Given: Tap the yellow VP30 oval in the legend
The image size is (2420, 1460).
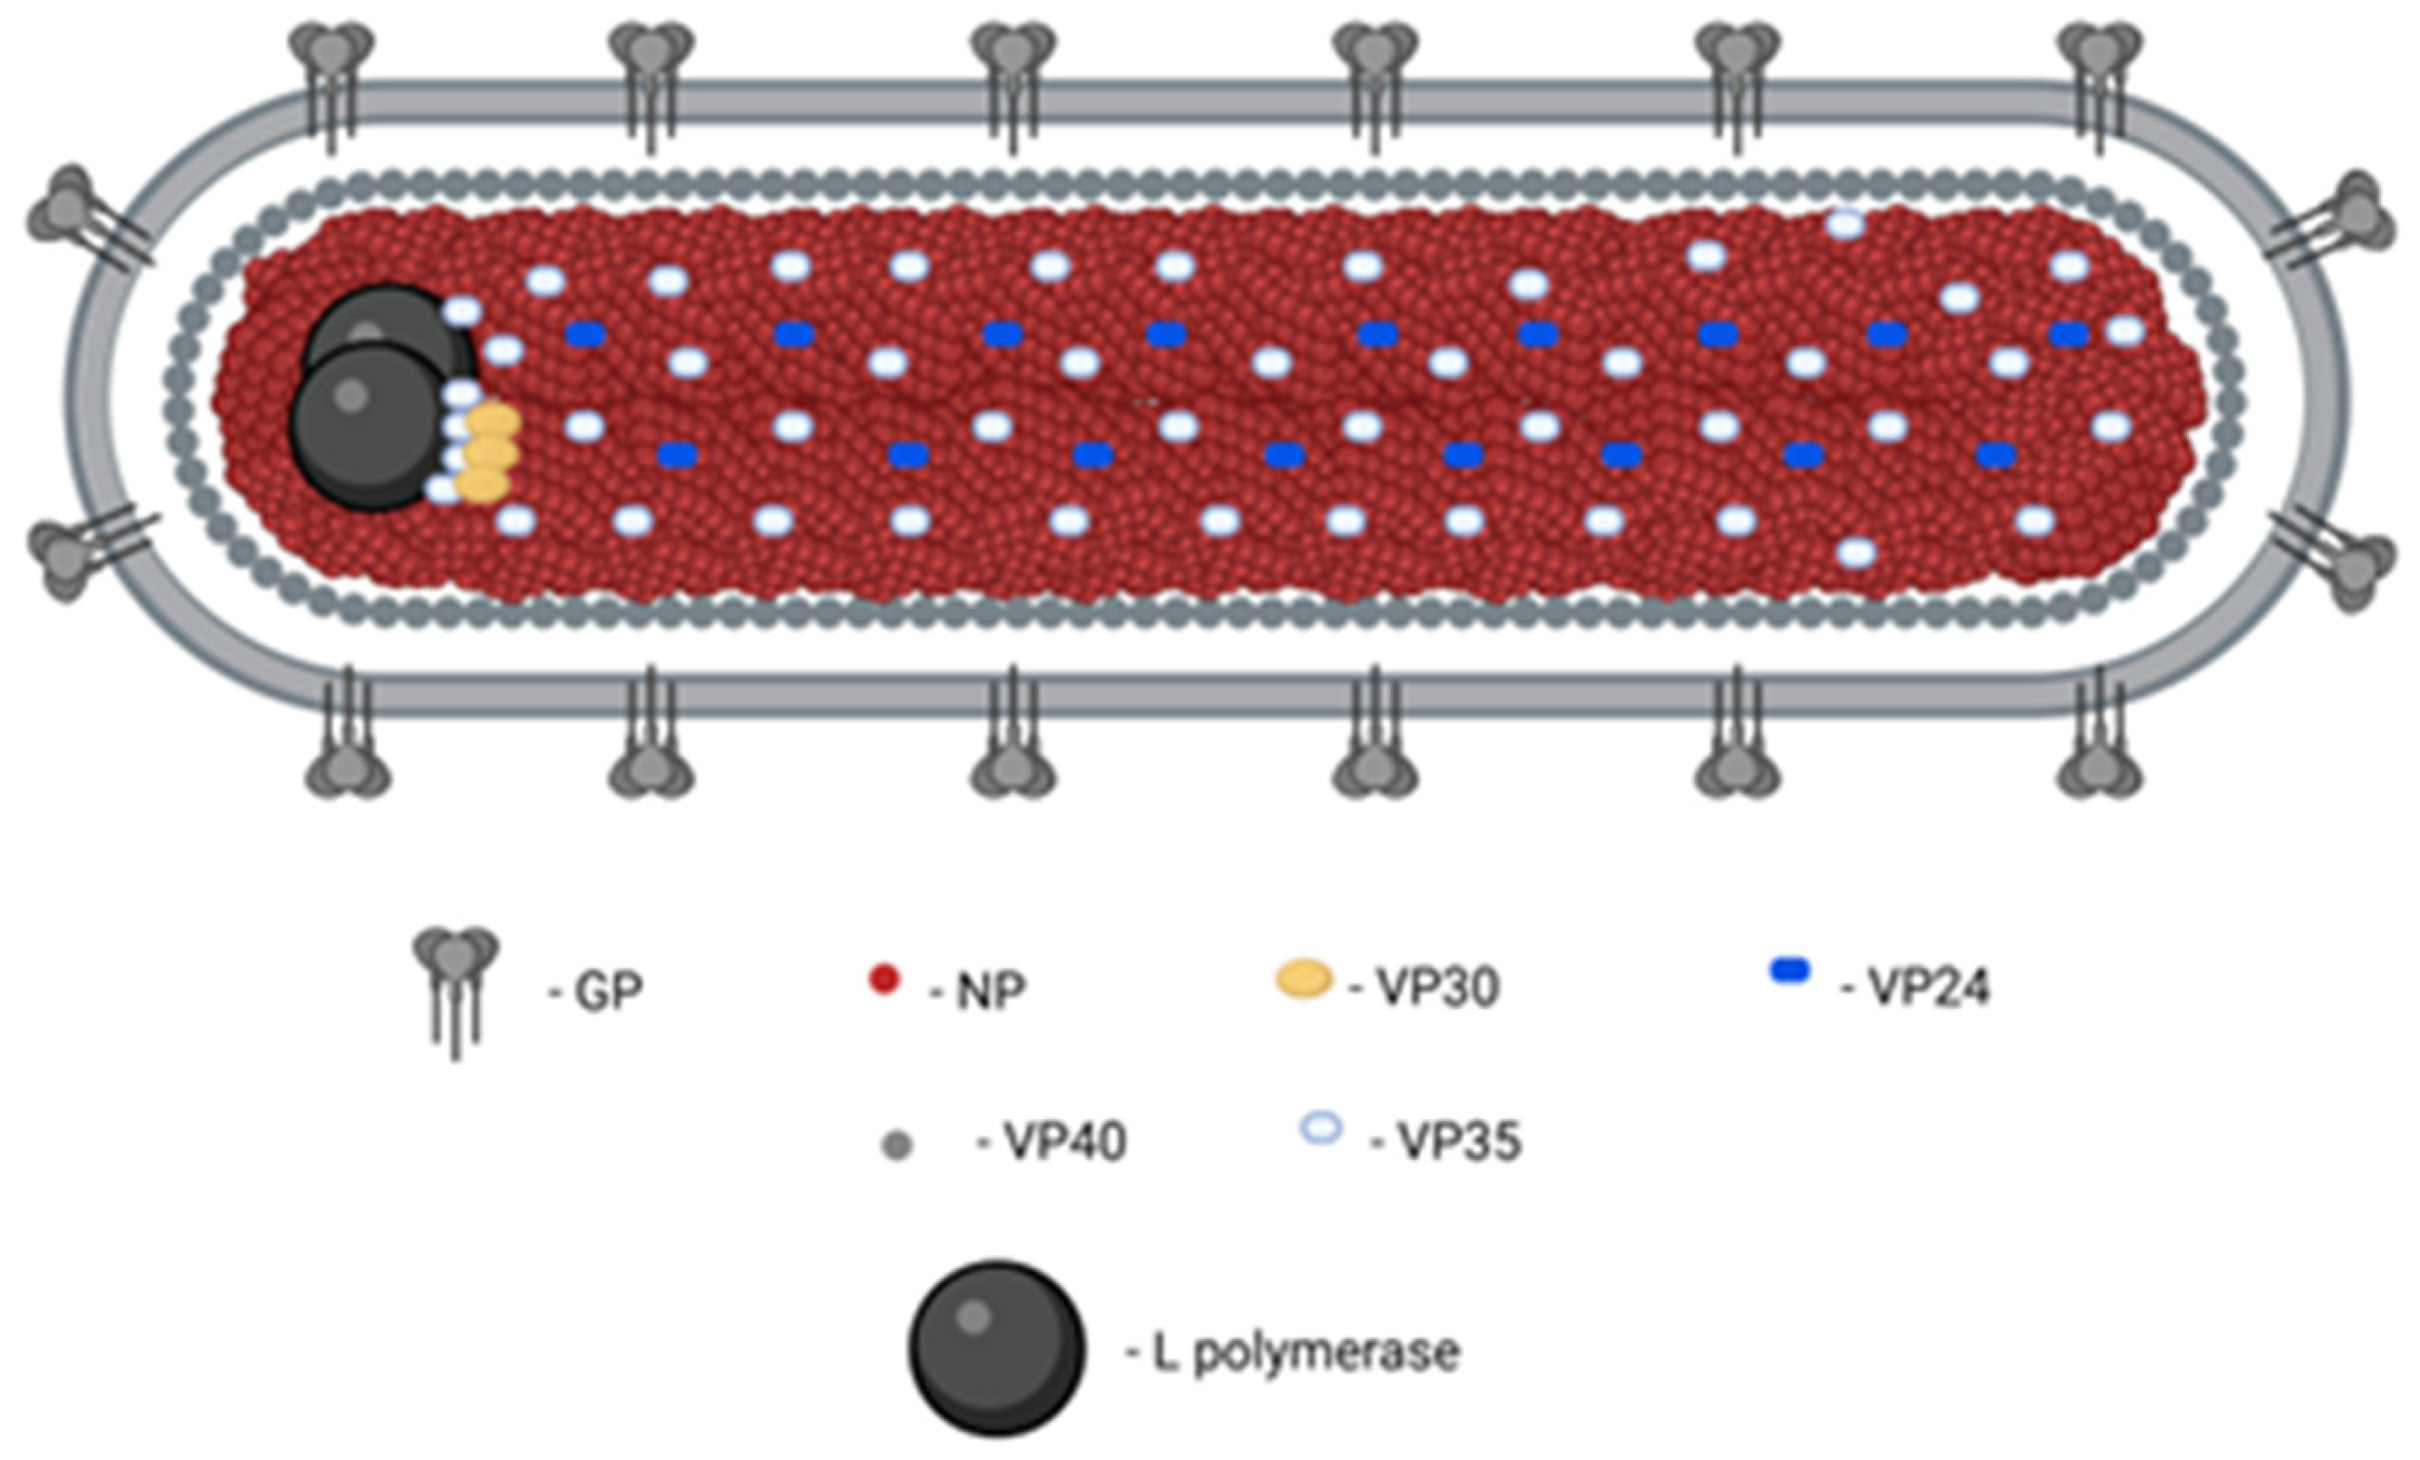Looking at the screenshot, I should [1304, 980].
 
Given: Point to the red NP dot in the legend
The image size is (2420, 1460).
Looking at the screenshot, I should [884, 981].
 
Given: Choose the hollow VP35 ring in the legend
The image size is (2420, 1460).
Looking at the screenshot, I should [1321, 1128].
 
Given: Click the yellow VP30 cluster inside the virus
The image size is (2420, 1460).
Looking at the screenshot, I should [490, 453].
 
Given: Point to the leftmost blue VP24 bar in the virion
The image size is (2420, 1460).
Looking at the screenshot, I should [585, 334].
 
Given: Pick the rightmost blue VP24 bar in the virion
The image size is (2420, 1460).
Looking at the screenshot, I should [2069, 334].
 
